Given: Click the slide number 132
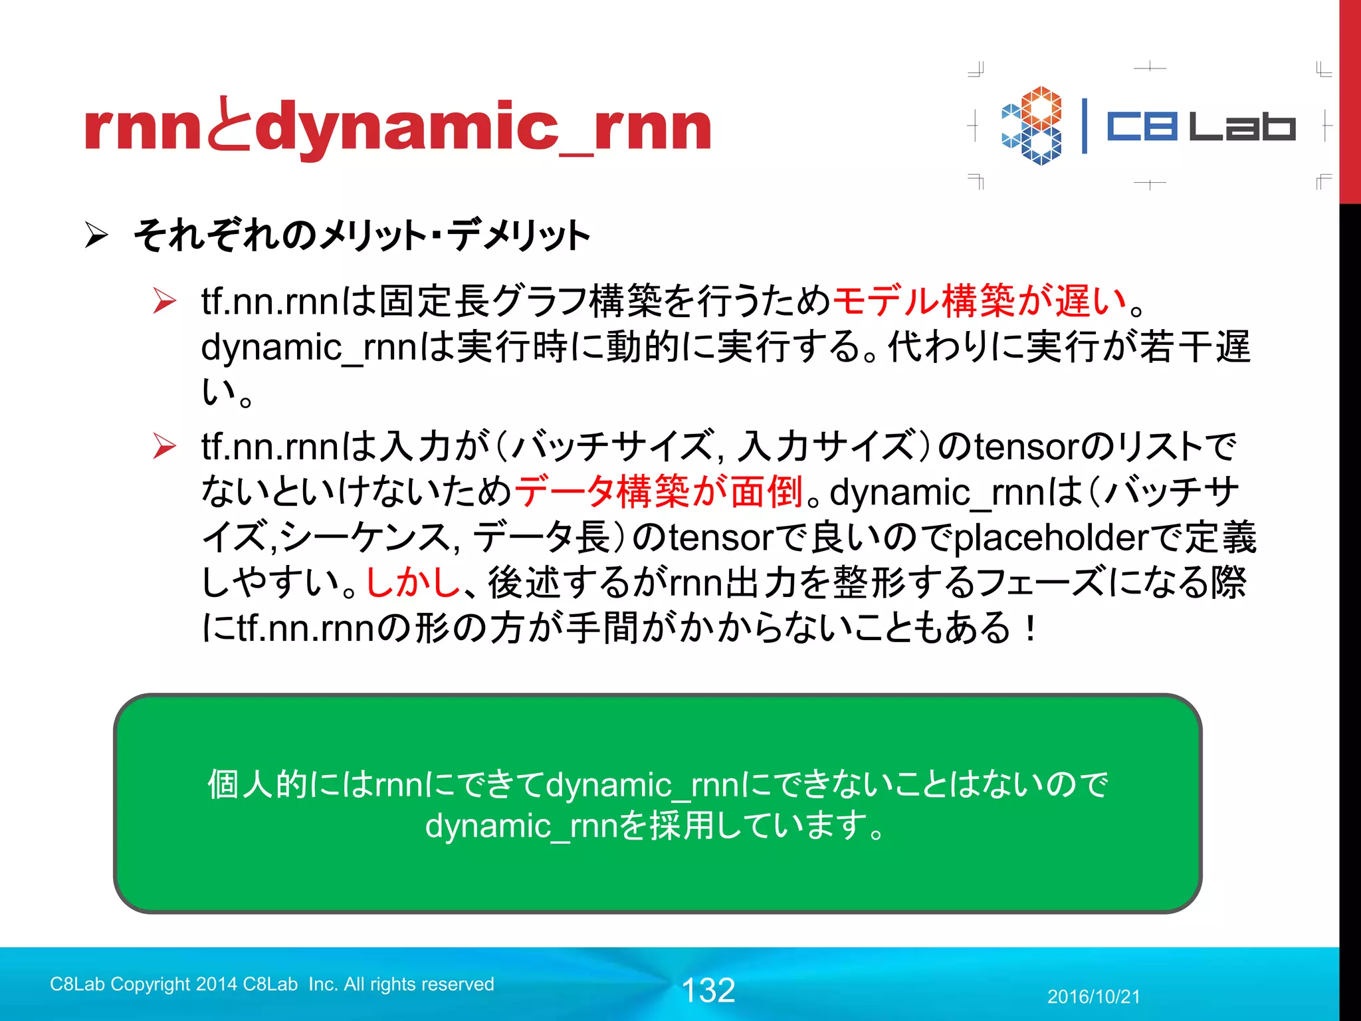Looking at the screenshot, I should click(708, 990).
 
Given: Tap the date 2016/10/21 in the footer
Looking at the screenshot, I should click(1093, 996).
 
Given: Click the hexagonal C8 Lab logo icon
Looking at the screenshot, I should click(1031, 126).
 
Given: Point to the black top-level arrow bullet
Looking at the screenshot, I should click(96, 235).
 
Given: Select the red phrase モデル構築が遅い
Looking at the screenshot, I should click(980, 300).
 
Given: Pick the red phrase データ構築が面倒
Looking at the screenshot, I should click(659, 492).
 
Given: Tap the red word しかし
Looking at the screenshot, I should click(413, 582).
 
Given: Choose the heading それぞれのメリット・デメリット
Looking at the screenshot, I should click(362, 235).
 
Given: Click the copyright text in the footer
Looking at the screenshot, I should click(272, 984).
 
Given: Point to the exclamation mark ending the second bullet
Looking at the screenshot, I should click(1030, 627).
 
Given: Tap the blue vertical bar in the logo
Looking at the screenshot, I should click(1085, 126).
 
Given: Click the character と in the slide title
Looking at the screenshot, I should click(229, 126).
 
